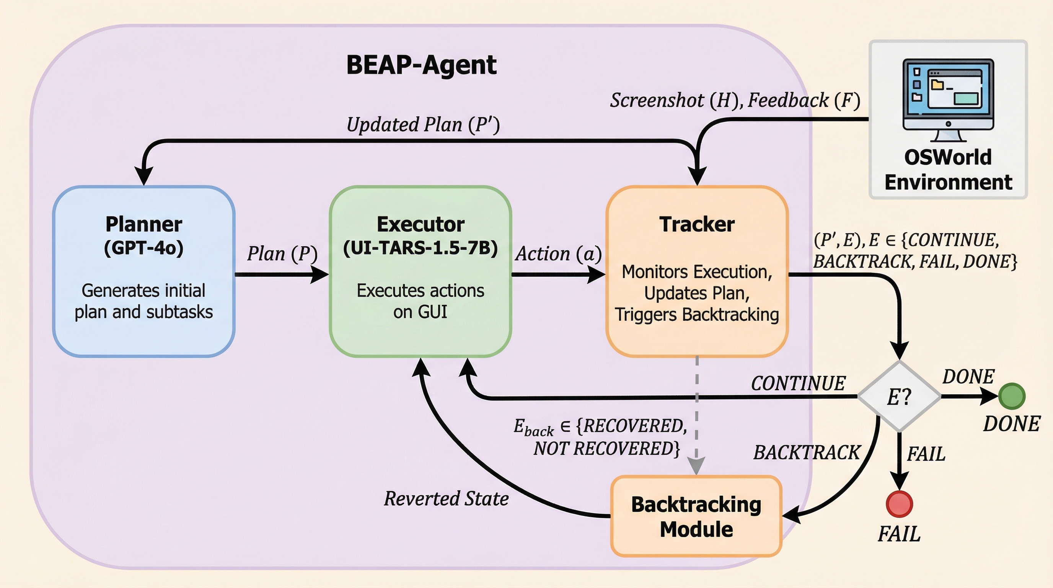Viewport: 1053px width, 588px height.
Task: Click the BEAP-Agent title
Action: [x=421, y=65]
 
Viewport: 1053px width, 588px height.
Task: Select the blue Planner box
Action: [x=144, y=271]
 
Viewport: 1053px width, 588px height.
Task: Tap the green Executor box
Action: [x=421, y=271]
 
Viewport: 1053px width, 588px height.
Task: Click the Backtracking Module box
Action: [x=696, y=516]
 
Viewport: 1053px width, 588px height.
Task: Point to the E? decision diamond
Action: [x=899, y=396]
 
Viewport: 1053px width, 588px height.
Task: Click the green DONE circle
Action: [x=1012, y=396]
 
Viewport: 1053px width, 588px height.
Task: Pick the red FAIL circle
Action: [x=899, y=504]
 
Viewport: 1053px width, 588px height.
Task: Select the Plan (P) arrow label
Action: [x=282, y=254]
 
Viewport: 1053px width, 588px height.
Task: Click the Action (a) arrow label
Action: [x=558, y=254]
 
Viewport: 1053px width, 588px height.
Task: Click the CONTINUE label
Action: [x=798, y=384]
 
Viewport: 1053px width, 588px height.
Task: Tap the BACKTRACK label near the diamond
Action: [x=807, y=452]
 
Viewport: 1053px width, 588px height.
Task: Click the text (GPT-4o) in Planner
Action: [x=144, y=248]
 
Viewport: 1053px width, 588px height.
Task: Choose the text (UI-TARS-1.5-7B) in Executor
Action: [x=421, y=248]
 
